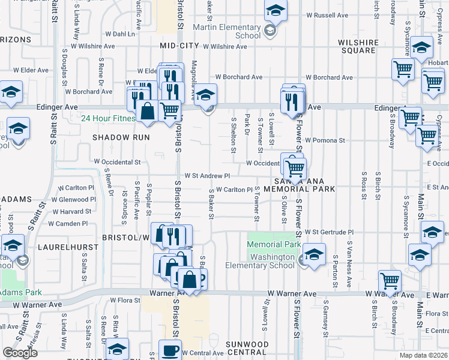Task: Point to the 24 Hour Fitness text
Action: coord(109,118)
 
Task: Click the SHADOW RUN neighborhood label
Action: coord(119,137)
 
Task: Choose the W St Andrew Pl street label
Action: coord(207,176)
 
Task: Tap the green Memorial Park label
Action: coord(273,245)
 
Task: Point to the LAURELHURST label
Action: coord(64,247)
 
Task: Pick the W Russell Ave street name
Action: coord(327,15)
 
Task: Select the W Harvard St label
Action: coord(71,211)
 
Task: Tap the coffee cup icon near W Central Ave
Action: coord(170,350)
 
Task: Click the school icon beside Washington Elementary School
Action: coord(314,254)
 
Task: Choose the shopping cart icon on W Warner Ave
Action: coord(390,281)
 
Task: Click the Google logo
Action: coord(20,353)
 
